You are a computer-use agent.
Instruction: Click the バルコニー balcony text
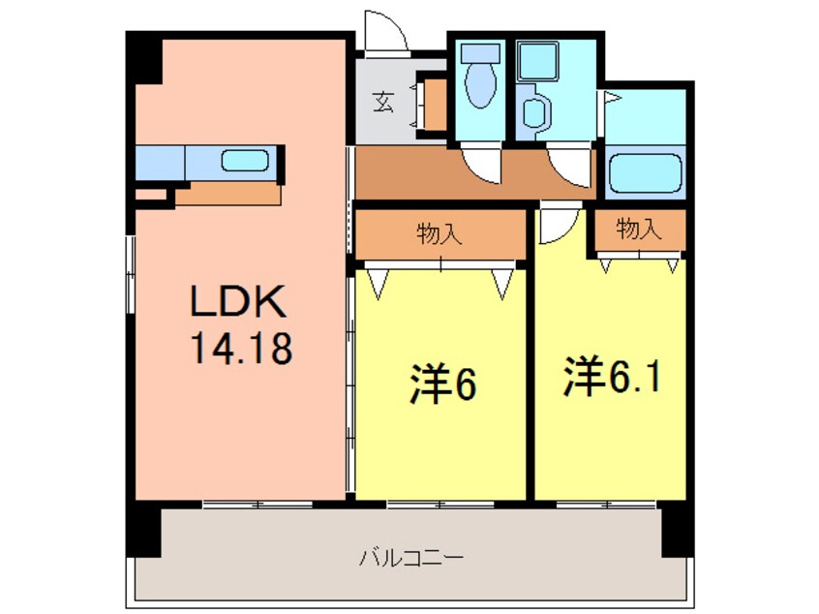coord(411,559)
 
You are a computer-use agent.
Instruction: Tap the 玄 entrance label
coord(383,101)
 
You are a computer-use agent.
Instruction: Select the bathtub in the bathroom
coord(646,175)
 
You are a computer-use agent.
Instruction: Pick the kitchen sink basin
coord(243,161)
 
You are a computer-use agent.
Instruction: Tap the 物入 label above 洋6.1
coord(638,230)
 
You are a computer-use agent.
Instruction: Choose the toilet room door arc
coord(481,165)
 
